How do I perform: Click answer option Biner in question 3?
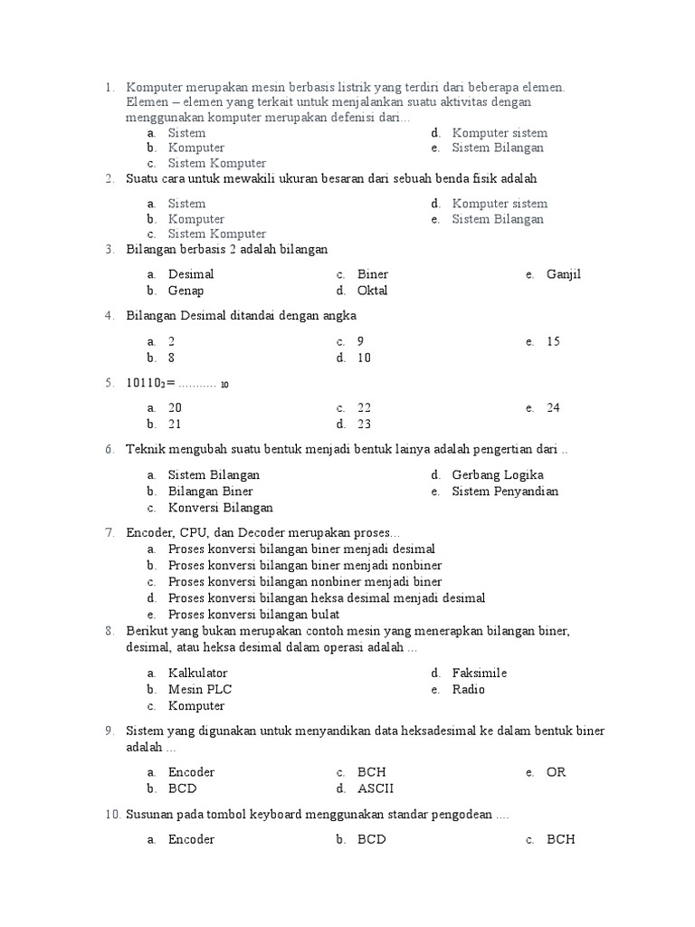[x=373, y=274]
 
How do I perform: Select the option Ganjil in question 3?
[x=564, y=274]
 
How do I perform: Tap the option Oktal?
[x=372, y=291]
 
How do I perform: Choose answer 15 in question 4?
[x=553, y=341]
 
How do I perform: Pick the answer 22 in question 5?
[x=365, y=407]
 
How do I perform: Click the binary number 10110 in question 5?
[x=144, y=383]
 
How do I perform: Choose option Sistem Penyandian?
[x=505, y=491]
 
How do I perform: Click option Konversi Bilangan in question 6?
[x=220, y=507]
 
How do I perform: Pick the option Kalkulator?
[x=197, y=673]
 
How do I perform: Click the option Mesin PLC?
[x=200, y=689]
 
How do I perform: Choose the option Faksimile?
[x=480, y=673]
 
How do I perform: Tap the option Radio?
[x=469, y=689]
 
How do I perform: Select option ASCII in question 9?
[x=376, y=788]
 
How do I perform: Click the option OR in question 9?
[x=557, y=772]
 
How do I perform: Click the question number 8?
[x=109, y=631]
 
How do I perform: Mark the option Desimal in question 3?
[x=191, y=274]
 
